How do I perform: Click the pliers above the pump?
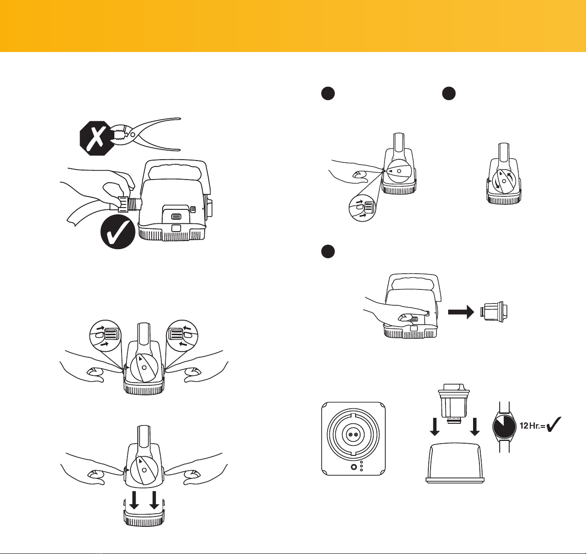pos(145,134)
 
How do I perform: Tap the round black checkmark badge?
pos(118,232)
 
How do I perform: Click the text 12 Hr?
pos(530,426)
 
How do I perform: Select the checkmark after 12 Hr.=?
pos(553,424)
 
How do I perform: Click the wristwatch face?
pos(504,427)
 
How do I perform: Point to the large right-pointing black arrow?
pos(461,313)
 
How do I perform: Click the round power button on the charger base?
pos(353,467)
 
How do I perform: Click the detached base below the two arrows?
pos(144,515)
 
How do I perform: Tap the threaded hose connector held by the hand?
pos(130,204)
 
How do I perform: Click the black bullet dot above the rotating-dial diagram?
pos(449,94)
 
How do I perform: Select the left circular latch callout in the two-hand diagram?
pos(106,336)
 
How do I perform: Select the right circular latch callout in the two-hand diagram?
pos(182,336)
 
